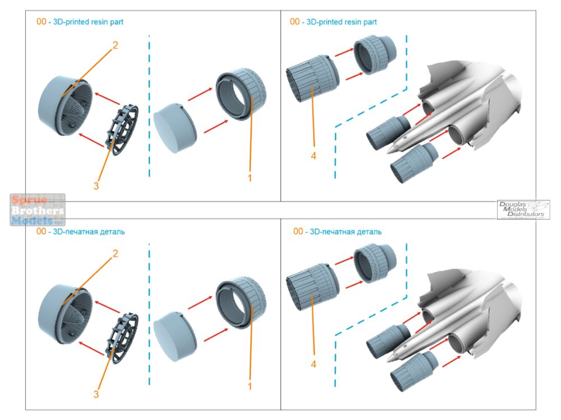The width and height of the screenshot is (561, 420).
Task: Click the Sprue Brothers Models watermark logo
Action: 38,209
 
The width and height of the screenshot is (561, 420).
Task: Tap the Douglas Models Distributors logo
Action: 523,209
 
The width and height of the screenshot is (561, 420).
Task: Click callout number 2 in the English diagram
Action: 115,46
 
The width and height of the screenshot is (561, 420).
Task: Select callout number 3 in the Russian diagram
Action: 96,394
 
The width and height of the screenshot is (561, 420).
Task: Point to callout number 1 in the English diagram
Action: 250,178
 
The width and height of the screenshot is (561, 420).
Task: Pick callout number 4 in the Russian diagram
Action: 313,365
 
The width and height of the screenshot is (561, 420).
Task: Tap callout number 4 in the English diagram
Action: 313,156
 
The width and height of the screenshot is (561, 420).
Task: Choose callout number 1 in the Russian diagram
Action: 250,386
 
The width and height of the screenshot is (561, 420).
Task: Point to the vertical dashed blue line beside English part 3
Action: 149,106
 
